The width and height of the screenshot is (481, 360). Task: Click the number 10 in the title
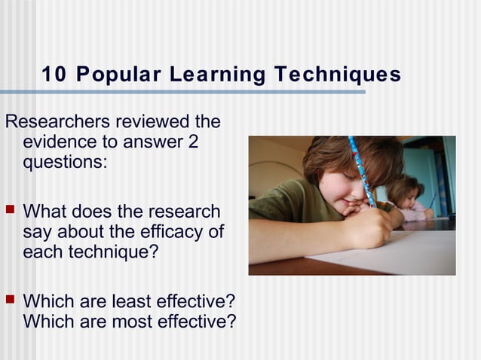[54, 75]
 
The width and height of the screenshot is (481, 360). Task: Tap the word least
[133, 301]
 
